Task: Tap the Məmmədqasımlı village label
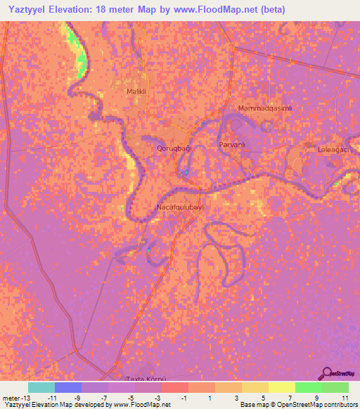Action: pyautogui.click(x=265, y=108)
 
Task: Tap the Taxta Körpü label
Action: pyautogui.click(x=143, y=378)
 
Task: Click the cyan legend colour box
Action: pyautogui.click(x=41, y=387)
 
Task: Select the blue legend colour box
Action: pyautogui.click(x=68, y=387)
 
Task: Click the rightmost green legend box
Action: pyautogui.click(x=335, y=387)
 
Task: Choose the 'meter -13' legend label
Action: pyautogui.click(x=15, y=397)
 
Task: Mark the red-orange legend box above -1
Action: pyautogui.click(x=175, y=387)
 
